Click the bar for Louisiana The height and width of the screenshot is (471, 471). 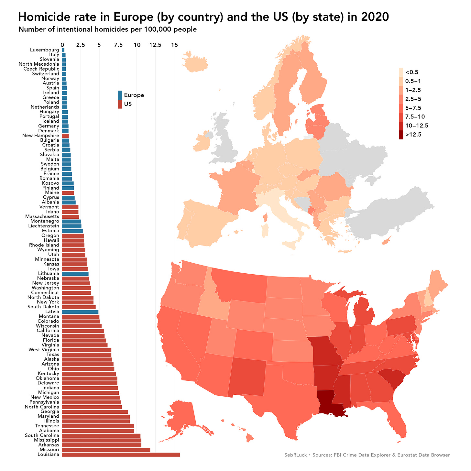pos(121,455)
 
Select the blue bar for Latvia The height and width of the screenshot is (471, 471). pos(80,312)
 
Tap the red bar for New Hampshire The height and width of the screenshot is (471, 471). pos(65,136)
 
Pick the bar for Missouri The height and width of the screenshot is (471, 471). pos(106,450)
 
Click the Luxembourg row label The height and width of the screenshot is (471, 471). pos(44,50)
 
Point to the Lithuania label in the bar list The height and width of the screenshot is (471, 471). pos(49,274)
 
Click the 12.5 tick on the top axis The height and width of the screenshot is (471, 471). pos(155,45)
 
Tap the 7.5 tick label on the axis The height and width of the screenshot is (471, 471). pos(118,45)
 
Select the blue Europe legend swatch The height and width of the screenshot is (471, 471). pos(120,95)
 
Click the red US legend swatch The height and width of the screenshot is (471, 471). pos(120,104)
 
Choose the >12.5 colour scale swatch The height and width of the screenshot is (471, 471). pos(401,135)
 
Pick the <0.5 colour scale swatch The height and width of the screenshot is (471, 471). pos(401,72)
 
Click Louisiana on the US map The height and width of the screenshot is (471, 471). pos(330,403)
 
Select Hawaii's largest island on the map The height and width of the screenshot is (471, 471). pos(249,438)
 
